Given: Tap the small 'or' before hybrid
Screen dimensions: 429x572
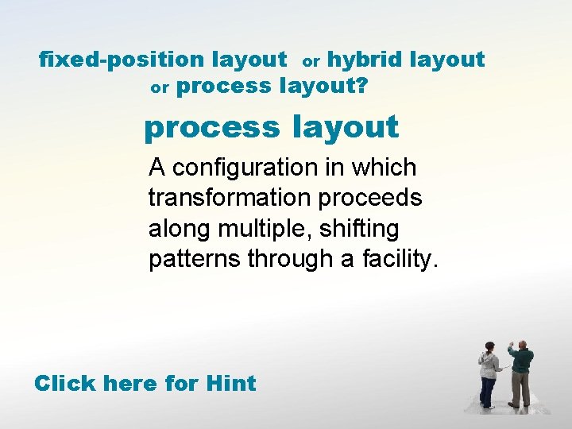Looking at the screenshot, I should (x=311, y=61).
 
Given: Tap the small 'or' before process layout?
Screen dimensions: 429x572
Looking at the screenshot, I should (x=160, y=88).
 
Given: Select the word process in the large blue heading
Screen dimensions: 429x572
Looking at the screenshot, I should (x=211, y=127).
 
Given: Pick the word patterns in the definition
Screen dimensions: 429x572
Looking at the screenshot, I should (x=195, y=259).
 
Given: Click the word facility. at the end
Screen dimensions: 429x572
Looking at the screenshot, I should (x=401, y=259).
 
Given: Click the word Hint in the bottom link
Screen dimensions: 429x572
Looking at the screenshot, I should (x=230, y=384).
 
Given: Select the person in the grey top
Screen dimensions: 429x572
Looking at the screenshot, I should (x=489, y=375).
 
